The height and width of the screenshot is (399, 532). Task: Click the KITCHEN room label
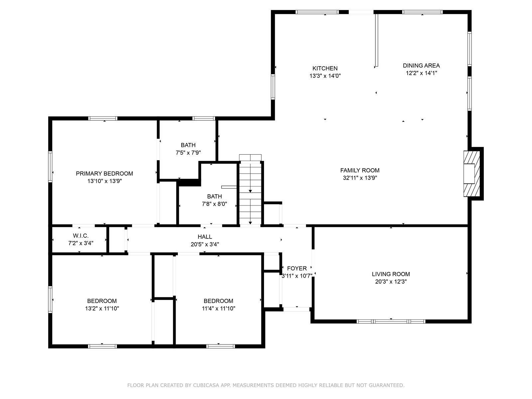pyautogui.click(x=325, y=68)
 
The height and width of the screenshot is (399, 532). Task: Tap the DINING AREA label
pyautogui.click(x=421, y=66)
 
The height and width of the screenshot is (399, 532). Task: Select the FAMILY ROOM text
pyautogui.click(x=360, y=170)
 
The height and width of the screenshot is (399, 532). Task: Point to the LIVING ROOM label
pyautogui.click(x=391, y=274)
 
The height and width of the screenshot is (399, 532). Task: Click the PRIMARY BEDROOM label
pyautogui.click(x=104, y=174)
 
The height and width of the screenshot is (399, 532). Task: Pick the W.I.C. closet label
pyautogui.click(x=80, y=235)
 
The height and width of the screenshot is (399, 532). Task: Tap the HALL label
pyautogui.click(x=205, y=237)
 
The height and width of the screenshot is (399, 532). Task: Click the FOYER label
pyautogui.click(x=297, y=268)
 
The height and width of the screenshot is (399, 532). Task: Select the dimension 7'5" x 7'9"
pyautogui.click(x=188, y=153)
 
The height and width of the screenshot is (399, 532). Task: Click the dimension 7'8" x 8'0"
pyautogui.click(x=214, y=204)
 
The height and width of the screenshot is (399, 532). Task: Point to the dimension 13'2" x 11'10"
pyautogui.click(x=102, y=309)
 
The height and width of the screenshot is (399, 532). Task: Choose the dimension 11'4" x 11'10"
pyautogui.click(x=218, y=309)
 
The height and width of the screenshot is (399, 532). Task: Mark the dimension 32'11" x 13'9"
pyautogui.click(x=360, y=178)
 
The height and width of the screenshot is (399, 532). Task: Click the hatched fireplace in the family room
pyautogui.click(x=471, y=174)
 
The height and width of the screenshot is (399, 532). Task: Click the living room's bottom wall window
pyautogui.click(x=391, y=322)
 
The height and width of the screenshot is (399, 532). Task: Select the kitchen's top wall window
pyautogui.click(x=317, y=12)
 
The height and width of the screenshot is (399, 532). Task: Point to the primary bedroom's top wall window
pyautogui.click(x=103, y=118)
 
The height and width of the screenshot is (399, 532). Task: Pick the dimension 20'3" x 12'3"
pyautogui.click(x=391, y=282)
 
